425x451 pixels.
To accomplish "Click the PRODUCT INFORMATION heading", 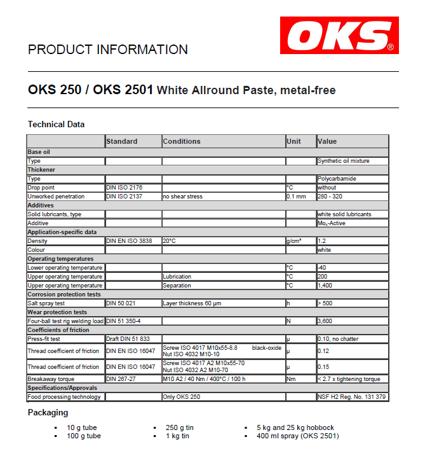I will [x=108, y=50].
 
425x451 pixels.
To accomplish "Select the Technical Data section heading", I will [x=57, y=124].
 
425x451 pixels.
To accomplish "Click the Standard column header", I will [x=122, y=141].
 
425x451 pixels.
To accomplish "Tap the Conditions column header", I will [x=182, y=141].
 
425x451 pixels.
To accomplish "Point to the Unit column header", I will [x=293, y=141].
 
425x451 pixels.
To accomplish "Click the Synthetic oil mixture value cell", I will [x=343, y=161].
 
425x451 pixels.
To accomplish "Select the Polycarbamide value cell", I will [x=336, y=179].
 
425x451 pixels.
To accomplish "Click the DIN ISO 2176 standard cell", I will [x=124, y=188].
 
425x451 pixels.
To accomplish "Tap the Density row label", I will [x=37, y=241].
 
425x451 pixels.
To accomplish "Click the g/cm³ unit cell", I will [x=293, y=241].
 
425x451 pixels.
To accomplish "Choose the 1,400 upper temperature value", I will [x=326, y=286].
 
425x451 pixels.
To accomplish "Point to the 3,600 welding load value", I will [x=326, y=321].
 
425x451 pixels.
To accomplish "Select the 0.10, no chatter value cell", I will [x=337, y=339].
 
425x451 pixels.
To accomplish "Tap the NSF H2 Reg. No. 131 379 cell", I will [x=352, y=397].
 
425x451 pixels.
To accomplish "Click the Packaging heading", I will [x=48, y=412].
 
